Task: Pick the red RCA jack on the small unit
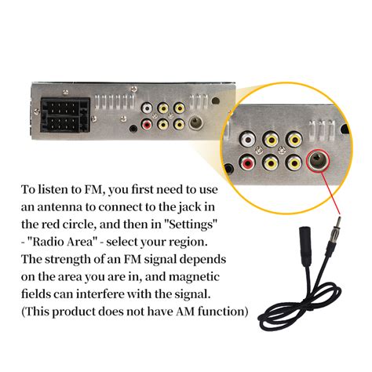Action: (147, 123)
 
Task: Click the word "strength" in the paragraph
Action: (73, 259)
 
